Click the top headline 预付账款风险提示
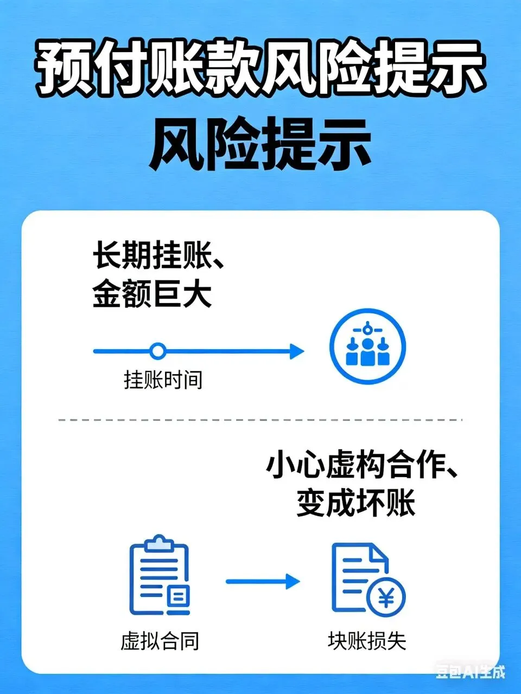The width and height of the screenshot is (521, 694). click(260, 69)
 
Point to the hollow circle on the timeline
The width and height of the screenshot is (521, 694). click(157, 351)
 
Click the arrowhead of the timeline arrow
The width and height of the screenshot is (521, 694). click(297, 351)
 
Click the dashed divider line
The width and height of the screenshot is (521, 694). click(260, 420)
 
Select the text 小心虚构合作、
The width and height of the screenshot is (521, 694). click(361, 466)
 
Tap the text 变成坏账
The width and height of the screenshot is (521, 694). click(356, 503)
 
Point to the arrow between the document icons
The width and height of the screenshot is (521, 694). click(263, 582)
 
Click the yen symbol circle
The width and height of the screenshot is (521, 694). click(386, 599)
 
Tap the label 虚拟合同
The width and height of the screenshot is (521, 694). click(160, 641)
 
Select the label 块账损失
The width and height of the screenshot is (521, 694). click(367, 641)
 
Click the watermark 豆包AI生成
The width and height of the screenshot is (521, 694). click(470, 672)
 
